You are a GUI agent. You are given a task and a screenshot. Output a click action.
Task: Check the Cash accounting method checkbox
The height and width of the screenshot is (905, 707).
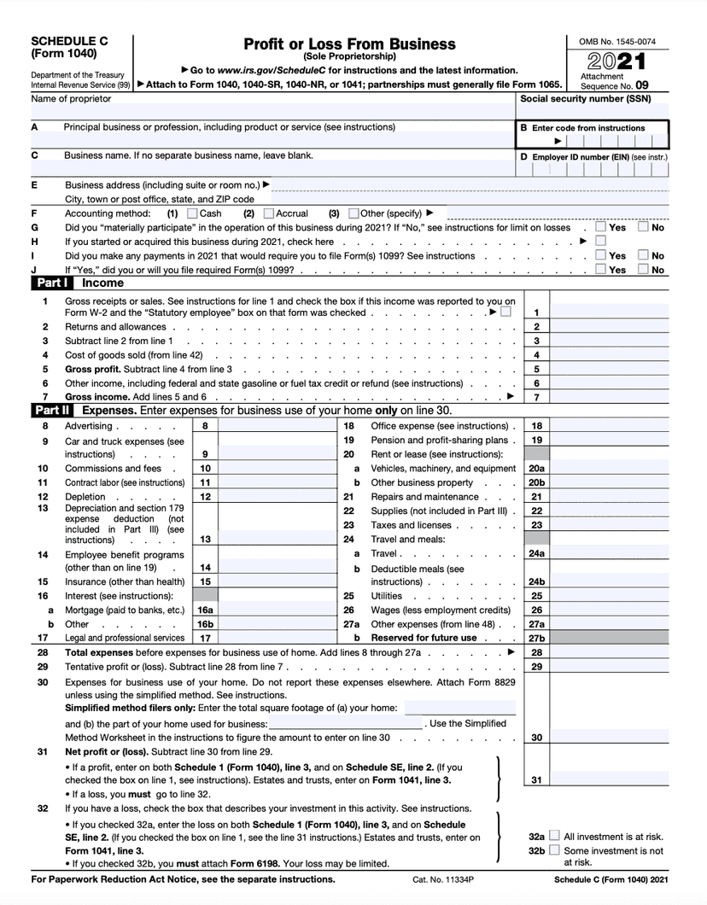(192, 213)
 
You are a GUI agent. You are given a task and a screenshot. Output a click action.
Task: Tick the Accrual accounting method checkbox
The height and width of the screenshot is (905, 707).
(269, 213)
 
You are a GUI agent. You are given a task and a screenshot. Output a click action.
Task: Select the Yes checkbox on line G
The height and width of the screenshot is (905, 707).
(601, 228)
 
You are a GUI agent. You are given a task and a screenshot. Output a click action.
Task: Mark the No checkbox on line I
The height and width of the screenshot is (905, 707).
(644, 255)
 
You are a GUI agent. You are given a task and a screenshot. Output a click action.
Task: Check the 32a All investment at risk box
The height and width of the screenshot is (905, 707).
(555, 837)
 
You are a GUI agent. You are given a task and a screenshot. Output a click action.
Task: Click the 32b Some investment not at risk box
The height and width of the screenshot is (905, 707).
(555, 850)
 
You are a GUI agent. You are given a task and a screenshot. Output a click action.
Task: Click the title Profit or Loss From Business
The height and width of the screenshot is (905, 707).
(349, 44)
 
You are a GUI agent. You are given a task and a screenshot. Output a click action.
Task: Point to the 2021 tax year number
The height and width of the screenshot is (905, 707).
(616, 62)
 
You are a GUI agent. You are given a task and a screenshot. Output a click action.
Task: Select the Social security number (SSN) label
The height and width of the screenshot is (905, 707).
(586, 99)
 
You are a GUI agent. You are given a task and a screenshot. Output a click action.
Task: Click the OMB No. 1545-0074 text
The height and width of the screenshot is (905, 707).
(617, 42)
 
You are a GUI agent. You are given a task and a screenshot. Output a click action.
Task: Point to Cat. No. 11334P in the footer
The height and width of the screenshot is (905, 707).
(442, 879)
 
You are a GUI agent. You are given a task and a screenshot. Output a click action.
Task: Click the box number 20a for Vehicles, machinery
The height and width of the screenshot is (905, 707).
(536, 469)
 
